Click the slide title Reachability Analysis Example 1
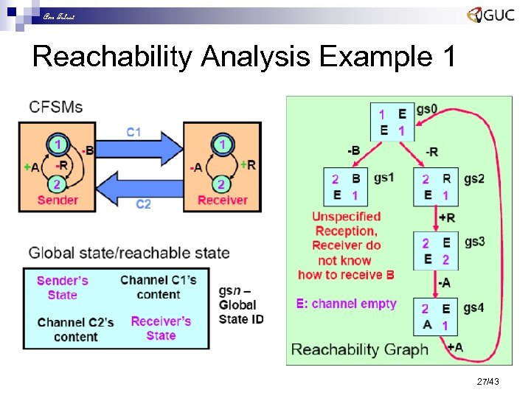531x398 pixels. (x=244, y=56)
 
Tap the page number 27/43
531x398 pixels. (x=488, y=381)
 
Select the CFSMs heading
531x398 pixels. (x=56, y=107)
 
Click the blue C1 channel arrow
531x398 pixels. (x=144, y=148)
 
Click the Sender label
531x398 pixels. (x=58, y=200)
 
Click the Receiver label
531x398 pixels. (x=223, y=200)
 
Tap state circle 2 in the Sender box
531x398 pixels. (x=56, y=183)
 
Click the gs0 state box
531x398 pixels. (x=392, y=122)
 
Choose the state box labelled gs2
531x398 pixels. (x=435, y=187)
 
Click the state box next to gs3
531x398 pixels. (x=435, y=251)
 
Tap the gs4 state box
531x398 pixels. (x=435, y=316)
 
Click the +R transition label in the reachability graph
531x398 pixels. (x=447, y=218)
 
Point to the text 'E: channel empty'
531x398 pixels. (x=347, y=304)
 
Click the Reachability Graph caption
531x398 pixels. (x=359, y=349)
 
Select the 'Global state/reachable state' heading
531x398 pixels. (x=129, y=254)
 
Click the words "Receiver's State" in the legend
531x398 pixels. (x=161, y=328)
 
